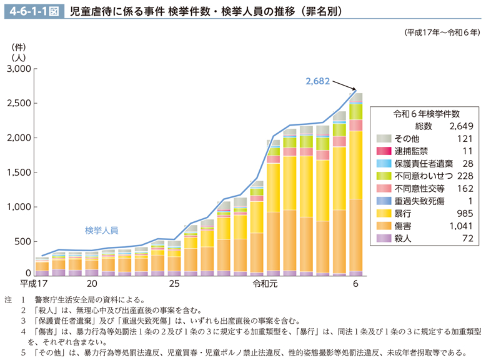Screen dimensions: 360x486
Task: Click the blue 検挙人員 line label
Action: tap(101, 231)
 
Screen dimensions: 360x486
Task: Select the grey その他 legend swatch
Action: tap(384, 138)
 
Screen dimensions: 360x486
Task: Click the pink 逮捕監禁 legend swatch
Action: tap(384, 151)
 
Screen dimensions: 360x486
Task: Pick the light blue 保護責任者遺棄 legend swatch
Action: tap(384, 163)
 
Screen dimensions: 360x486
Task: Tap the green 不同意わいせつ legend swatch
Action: tap(384, 176)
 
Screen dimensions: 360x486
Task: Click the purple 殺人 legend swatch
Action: tap(384, 238)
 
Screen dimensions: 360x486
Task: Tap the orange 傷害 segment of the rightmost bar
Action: tap(355, 235)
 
